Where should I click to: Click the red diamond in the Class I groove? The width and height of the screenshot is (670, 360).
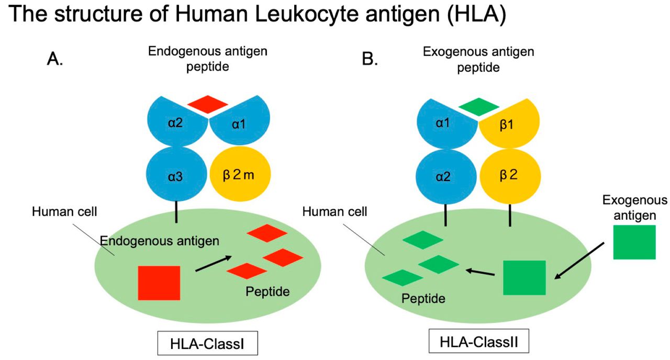208,104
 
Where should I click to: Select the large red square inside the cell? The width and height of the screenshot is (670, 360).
159,283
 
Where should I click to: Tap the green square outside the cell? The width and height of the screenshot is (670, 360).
634,242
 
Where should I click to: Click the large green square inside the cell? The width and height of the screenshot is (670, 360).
524,277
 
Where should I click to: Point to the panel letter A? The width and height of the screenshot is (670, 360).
55,59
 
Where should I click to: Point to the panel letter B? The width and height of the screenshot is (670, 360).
370,59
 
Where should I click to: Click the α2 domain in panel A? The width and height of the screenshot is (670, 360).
176,124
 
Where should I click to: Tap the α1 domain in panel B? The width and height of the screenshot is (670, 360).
446,124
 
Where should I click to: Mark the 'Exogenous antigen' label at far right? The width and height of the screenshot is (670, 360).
634,207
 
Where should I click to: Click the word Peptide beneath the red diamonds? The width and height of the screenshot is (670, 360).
267,291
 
